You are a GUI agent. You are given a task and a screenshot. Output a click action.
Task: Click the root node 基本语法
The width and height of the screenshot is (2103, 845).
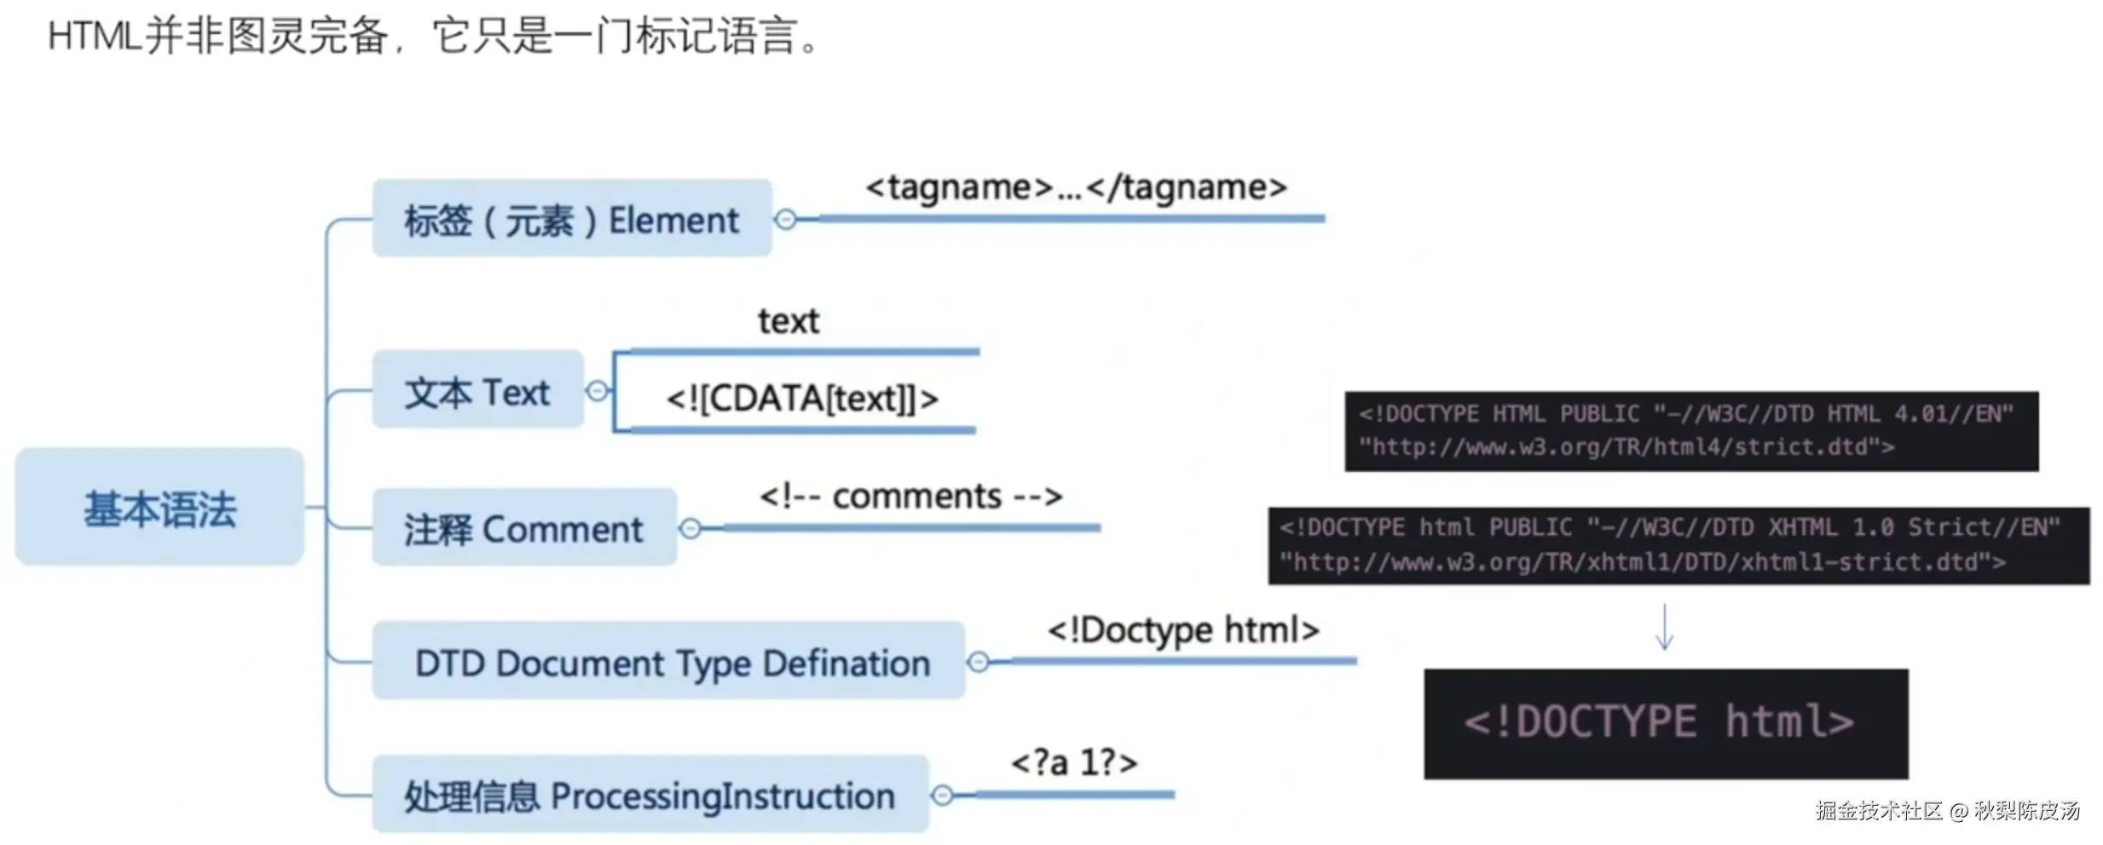159,509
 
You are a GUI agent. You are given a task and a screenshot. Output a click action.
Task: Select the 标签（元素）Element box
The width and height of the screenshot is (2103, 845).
571,220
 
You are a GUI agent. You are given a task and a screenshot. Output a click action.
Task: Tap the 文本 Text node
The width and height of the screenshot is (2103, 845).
477,391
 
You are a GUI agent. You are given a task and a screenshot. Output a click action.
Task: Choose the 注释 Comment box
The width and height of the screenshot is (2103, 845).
523,528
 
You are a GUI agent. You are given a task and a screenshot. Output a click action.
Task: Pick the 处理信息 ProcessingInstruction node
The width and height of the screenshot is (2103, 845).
650,795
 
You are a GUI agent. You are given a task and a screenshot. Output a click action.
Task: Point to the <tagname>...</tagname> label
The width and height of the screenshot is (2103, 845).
1075,187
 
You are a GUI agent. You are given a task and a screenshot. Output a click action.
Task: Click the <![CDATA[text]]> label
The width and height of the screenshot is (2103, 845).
801,398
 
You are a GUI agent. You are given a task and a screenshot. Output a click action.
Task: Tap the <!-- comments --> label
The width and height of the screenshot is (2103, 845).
910,496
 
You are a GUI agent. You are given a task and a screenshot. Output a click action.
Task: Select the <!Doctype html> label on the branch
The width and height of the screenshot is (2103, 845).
1183,630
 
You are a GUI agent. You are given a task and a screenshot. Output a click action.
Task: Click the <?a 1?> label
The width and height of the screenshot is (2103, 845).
1074,762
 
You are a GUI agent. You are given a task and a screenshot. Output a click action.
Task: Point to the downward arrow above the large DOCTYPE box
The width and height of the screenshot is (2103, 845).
1664,628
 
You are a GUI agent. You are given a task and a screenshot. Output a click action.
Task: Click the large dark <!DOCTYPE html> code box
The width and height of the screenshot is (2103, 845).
1665,723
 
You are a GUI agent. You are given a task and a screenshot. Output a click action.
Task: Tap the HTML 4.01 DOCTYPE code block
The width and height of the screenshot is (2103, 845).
1690,431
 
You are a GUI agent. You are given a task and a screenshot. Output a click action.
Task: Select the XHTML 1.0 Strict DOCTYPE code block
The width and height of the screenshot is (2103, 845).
1678,545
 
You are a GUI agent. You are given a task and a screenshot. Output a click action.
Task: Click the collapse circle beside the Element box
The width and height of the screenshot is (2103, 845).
786,220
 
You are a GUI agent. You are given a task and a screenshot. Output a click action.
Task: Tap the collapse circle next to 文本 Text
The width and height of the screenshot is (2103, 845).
598,391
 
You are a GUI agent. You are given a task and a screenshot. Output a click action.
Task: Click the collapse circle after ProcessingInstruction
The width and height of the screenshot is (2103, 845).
942,796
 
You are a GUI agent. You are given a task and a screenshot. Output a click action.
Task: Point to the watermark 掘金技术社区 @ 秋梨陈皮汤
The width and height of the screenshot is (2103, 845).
1947,810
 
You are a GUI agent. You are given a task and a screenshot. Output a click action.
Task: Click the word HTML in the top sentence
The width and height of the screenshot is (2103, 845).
94,37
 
